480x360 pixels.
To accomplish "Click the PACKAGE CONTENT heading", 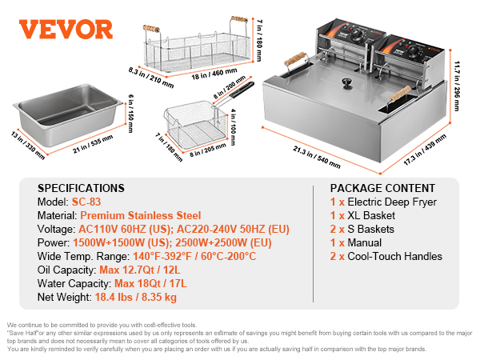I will click(x=381, y=188).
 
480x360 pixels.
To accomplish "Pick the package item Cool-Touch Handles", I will click(x=393, y=257).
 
